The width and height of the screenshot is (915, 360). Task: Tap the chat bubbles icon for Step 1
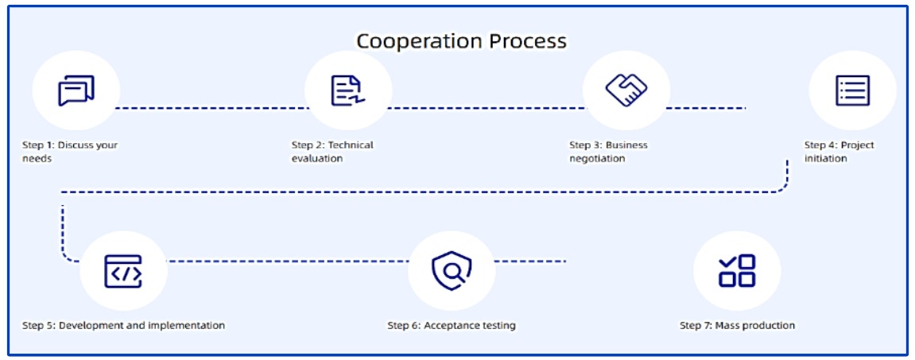click(76, 91)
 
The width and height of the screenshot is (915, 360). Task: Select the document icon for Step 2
click(347, 91)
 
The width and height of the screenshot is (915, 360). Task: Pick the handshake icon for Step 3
click(626, 90)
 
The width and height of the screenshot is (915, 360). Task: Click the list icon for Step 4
click(852, 91)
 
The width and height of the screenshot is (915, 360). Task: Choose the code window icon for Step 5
click(123, 272)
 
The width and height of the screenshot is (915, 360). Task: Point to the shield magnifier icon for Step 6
click(451, 272)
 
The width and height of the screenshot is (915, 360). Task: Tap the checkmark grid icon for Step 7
click(737, 271)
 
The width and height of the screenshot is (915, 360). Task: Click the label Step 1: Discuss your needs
click(70, 152)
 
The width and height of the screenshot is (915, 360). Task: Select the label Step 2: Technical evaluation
click(332, 152)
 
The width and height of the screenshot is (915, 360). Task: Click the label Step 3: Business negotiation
click(608, 152)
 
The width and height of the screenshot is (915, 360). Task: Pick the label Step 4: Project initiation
click(839, 152)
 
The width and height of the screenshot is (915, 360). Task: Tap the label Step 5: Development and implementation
click(123, 325)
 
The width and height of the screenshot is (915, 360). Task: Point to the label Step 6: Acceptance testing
click(452, 325)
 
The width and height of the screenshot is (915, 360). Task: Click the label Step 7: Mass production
click(737, 325)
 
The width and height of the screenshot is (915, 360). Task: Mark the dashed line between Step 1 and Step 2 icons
click(211, 106)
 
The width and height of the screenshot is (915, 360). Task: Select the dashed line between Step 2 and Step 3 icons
click(487, 106)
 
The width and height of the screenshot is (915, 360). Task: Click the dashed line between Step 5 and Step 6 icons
click(286, 261)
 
